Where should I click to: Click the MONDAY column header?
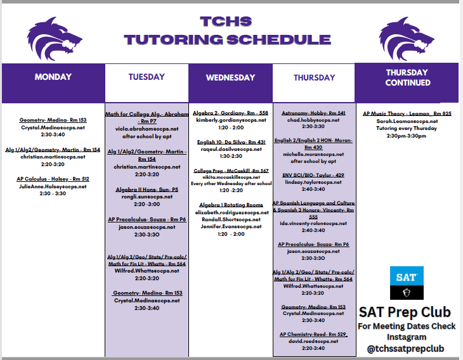coord(53,77)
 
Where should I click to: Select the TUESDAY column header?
coord(147,77)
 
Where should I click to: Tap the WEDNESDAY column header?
coord(230,78)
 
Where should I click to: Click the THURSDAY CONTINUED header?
coord(407,77)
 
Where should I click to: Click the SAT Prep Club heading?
coord(404,312)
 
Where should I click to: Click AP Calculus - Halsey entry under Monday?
coord(53,179)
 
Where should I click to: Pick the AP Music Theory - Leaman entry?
coord(407,113)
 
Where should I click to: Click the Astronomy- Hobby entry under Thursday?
coord(313,113)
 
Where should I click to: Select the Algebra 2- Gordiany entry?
coord(230,113)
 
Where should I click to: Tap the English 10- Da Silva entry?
coord(230,142)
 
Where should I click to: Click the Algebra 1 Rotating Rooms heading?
coord(230,205)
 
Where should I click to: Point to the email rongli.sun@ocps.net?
coord(147,196)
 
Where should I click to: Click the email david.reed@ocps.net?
coord(313,341)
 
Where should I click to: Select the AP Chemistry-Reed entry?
coord(313,334)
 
